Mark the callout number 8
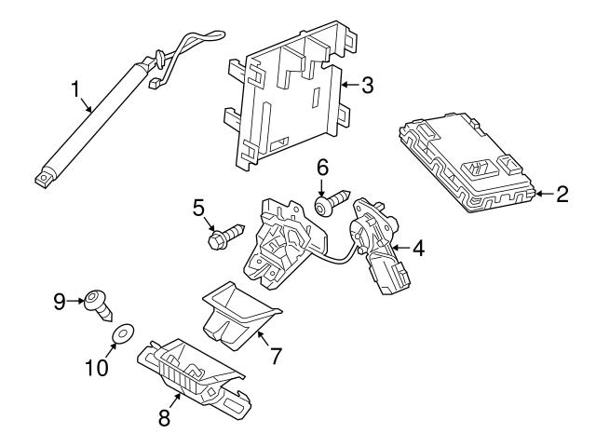[165, 418]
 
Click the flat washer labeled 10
[121, 332]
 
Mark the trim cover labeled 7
[237, 312]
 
